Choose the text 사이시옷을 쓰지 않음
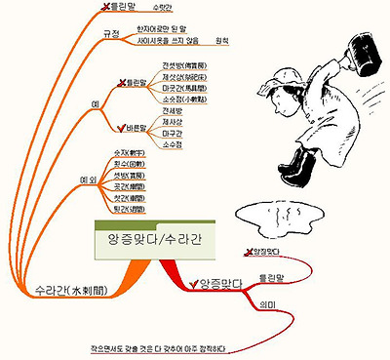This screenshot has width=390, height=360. point(170,41)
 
